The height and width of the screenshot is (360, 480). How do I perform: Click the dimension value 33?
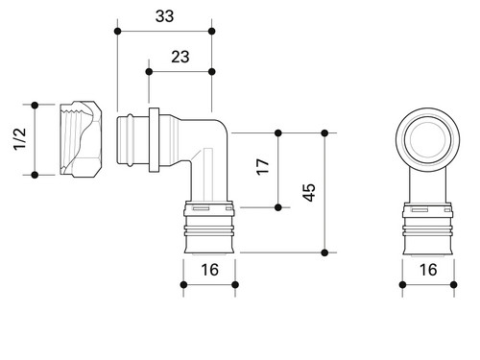click(x=164, y=16)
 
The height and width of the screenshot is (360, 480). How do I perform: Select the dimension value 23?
click(x=180, y=57)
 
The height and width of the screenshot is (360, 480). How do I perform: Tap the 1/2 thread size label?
click(x=20, y=138)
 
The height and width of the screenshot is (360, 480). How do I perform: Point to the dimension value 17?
click(x=263, y=166)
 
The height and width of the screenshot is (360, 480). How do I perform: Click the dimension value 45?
click(x=309, y=192)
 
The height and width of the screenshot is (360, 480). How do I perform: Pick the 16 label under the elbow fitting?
click(x=209, y=270)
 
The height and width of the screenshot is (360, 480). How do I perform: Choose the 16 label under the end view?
click(x=428, y=270)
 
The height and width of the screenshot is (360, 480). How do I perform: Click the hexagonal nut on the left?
click(x=81, y=139)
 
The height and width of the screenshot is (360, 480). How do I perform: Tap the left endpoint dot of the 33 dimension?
click(x=117, y=32)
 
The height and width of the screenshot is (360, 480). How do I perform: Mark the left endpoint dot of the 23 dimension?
click(x=149, y=72)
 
